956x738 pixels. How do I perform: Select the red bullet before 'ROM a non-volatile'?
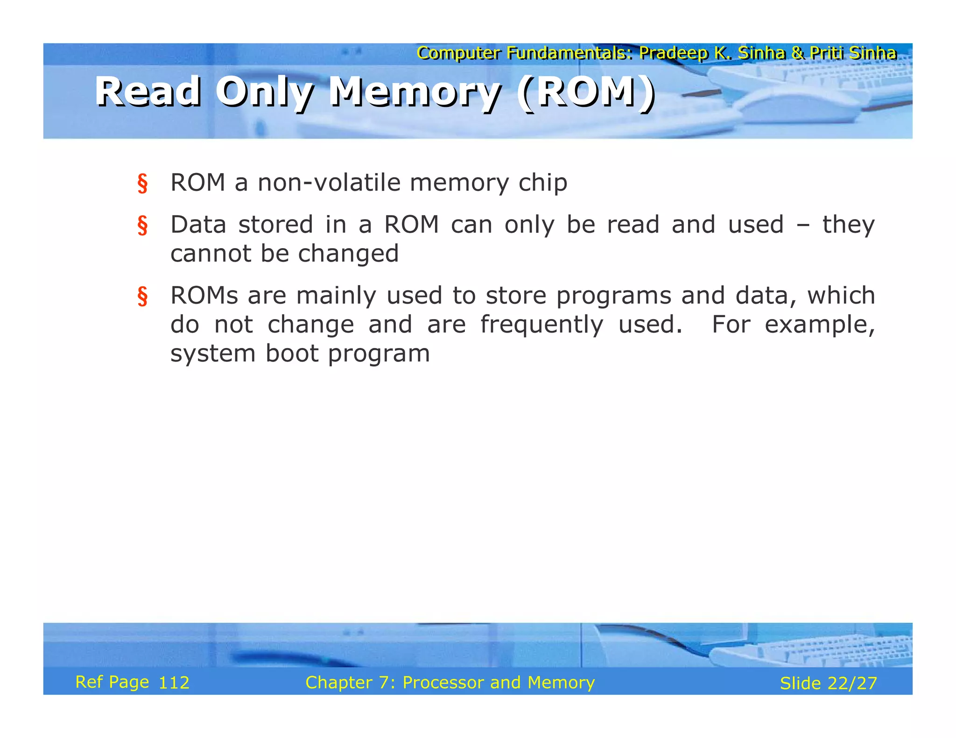[x=142, y=183]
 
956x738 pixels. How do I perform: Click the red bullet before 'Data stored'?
[x=142, y=225]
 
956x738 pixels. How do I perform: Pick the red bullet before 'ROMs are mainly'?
[x=142, y=296]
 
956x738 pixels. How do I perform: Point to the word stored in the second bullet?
[x=275, y=225]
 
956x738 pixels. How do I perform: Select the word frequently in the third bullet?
[x=541, y=325]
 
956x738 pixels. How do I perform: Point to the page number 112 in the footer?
[x=174, y=683]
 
